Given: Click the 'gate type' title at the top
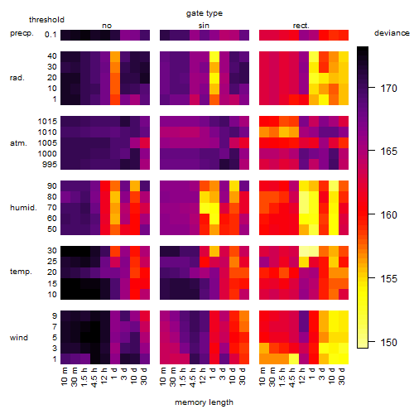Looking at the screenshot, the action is [205, 13].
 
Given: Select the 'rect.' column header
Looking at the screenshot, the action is [301, 26].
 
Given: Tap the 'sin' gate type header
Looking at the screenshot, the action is [204, 26].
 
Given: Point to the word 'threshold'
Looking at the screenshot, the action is [46, 20].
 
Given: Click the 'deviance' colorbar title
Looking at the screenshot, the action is [392, 33].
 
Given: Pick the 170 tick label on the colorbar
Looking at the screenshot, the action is [389, 89].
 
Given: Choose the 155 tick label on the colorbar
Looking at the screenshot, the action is [389, 278].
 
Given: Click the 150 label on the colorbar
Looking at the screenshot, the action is [389, 342].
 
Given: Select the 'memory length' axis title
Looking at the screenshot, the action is [204, 402].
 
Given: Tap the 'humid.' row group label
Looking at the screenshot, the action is [23, 208].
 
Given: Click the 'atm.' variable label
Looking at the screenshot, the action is [18, 143].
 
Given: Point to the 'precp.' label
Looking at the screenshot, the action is [22, 33].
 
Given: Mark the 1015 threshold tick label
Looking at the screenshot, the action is [47, 122].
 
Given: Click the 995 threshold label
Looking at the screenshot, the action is [50, 165].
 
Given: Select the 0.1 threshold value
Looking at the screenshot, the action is [51, 35].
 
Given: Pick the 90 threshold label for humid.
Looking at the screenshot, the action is [52, 186].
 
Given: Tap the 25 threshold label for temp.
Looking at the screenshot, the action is [52, 262].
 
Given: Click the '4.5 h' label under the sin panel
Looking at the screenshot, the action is [193, 377].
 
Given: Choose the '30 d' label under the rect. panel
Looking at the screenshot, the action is [342, 376].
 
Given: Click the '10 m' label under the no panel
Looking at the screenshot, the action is [64, 377].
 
